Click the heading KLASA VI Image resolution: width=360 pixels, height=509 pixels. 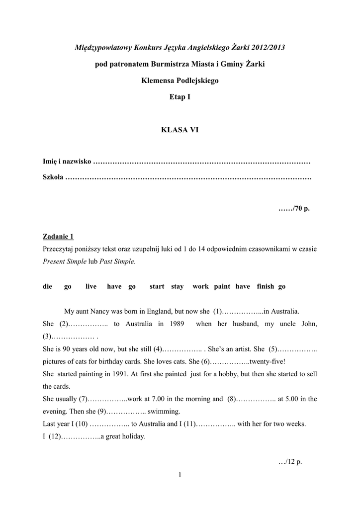tap(180, 130)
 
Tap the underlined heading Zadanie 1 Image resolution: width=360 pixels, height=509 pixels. tap(58, 236)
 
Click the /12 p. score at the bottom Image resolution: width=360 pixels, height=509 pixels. tap(290, 461)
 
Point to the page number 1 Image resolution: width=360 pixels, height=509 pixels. tap(180, 476)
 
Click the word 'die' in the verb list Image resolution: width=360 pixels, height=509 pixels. tap(48, 286)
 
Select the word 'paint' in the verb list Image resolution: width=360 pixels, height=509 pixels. tap(222, 286)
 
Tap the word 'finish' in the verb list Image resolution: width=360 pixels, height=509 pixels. tap(266, 286)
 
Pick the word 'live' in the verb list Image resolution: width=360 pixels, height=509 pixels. tap(91, 286)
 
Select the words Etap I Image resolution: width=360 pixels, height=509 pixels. tap(180, 97)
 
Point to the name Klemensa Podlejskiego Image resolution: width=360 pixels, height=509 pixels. tap(180, 81)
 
